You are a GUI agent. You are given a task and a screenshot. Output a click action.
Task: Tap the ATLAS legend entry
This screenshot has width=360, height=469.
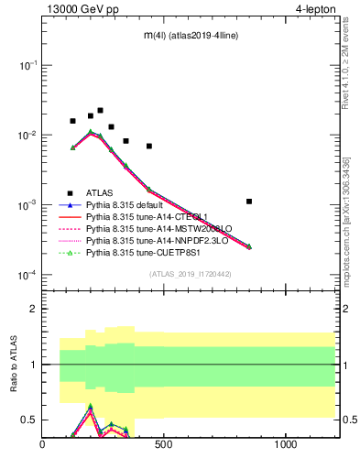(101, 192)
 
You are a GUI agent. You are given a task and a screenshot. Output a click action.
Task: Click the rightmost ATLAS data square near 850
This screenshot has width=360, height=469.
(249, 201)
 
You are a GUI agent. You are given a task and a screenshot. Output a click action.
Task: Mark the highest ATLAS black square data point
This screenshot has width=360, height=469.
(100, 110)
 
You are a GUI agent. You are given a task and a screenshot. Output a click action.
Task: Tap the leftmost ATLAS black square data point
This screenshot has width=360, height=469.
(72, 121)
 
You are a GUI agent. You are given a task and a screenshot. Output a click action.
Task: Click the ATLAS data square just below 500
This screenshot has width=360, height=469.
(149, 146)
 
